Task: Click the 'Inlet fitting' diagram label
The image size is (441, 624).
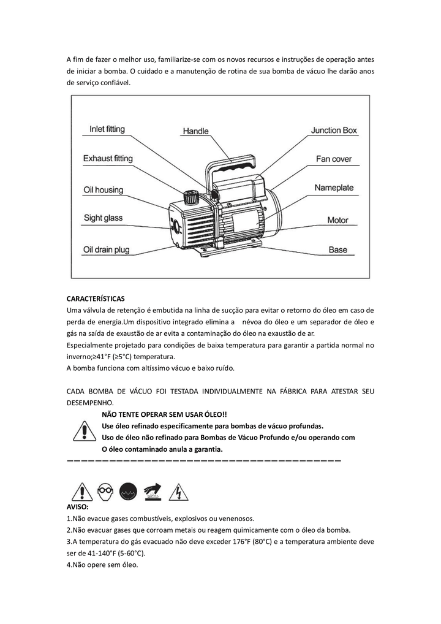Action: coord(107,129)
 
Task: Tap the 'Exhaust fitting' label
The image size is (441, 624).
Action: coord(108,159)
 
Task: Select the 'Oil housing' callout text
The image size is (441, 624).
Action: coord(103,190)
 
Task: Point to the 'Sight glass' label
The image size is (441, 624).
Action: coord(103,218)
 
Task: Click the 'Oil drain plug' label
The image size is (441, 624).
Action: coord(107,249)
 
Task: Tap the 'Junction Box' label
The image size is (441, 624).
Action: coord(334,131)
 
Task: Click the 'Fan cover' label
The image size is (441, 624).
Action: coord(334,159)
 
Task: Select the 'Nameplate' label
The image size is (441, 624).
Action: coord(334,188)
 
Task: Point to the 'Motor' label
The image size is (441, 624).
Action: coord(337,220)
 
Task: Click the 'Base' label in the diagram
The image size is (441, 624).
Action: coord(337,250)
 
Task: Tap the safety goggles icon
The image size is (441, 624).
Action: coord(105,492)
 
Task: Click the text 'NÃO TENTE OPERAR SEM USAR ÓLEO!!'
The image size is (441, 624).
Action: coord(164,415)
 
